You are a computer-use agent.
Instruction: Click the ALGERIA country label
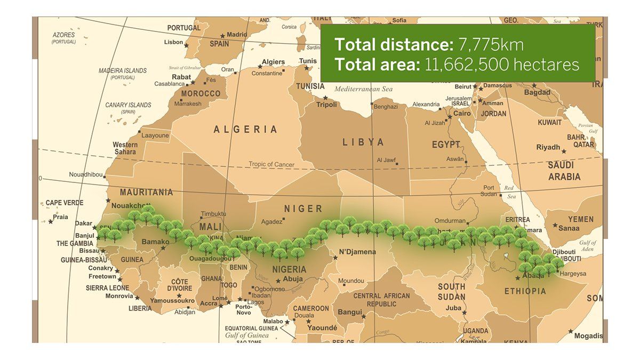tap(245, 129)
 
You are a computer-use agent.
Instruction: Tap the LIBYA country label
tap(363, 142)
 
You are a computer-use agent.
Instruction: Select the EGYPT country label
tap(446, 145)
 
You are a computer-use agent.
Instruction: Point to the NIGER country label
tap(303, 209)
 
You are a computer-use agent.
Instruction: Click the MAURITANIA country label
tap(146, 192)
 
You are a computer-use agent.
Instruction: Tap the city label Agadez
tap(271, 222)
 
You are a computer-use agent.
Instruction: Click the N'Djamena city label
tap(357, 252)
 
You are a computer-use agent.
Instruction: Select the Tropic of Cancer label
tap(271, 164)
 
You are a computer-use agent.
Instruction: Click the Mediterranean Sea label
tap(363, 89)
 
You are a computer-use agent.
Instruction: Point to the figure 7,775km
tap(491, 44)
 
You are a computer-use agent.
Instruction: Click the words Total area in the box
tap(377, 65)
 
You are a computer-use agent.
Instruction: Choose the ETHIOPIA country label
tap(525, 291)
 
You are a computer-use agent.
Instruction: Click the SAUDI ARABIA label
tap(564, 171)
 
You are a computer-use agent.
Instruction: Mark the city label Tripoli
tap(327, 105)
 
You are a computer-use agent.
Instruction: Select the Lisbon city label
tap(174, 42)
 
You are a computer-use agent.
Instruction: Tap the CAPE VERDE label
tap(65, 203)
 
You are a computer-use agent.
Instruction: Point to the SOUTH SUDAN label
tap(451, 291)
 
